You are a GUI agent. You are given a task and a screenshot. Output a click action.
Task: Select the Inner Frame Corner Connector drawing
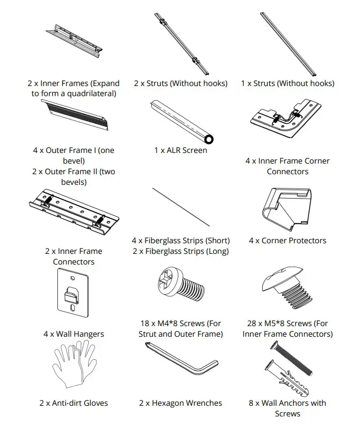point(286,123)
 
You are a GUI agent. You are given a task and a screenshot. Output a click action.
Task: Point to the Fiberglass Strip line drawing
point(180,207)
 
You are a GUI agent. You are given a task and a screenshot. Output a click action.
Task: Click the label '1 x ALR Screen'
point(181,150)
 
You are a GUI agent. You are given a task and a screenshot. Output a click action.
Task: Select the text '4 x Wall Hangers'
point(73,334)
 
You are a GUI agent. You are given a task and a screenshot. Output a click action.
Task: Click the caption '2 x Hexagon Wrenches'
point(181,403)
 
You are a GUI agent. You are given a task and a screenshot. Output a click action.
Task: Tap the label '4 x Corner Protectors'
point(287,241)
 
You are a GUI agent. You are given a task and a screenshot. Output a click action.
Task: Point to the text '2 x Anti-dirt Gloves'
point(73,403)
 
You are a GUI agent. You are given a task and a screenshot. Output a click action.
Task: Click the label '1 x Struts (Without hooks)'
point(287,83)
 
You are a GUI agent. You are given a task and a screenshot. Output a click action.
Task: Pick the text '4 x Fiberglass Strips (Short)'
point(181,241)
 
